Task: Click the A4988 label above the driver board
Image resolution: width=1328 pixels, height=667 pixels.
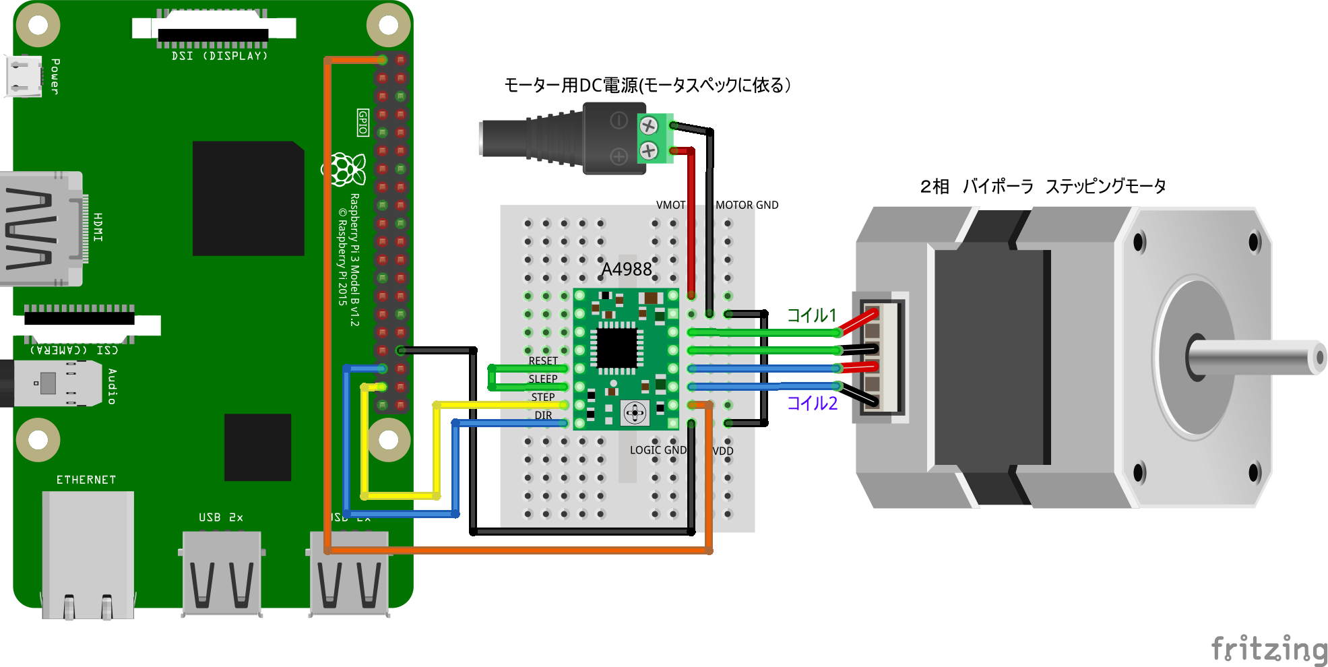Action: [627, 269]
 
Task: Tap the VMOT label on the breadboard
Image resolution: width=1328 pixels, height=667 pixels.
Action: [670, 205]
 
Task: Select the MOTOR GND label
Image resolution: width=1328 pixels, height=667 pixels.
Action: [747, 205]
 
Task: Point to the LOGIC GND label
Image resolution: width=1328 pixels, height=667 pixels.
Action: [658, 450]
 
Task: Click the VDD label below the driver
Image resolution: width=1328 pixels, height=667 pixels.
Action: [723, 451]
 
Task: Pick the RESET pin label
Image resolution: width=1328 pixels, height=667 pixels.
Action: [543, 361]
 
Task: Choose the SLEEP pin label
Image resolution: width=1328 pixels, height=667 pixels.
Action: [543, 379]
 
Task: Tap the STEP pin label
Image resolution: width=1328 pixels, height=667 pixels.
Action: [543, 398]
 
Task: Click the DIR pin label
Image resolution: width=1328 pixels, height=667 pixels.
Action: [543, 416]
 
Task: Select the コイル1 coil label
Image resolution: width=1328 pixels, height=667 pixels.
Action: [812, 315]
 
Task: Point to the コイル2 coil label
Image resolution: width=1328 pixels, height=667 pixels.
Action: [813, 403]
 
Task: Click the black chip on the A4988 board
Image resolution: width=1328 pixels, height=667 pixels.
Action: [616, 348]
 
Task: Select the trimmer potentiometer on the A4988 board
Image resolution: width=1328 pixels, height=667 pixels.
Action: [635, 412]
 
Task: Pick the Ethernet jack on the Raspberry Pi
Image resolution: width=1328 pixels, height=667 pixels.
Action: [88, 552]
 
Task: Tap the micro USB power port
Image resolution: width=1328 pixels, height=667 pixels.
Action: [24, 75]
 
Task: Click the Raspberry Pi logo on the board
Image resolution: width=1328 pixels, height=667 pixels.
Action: [348, 168]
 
